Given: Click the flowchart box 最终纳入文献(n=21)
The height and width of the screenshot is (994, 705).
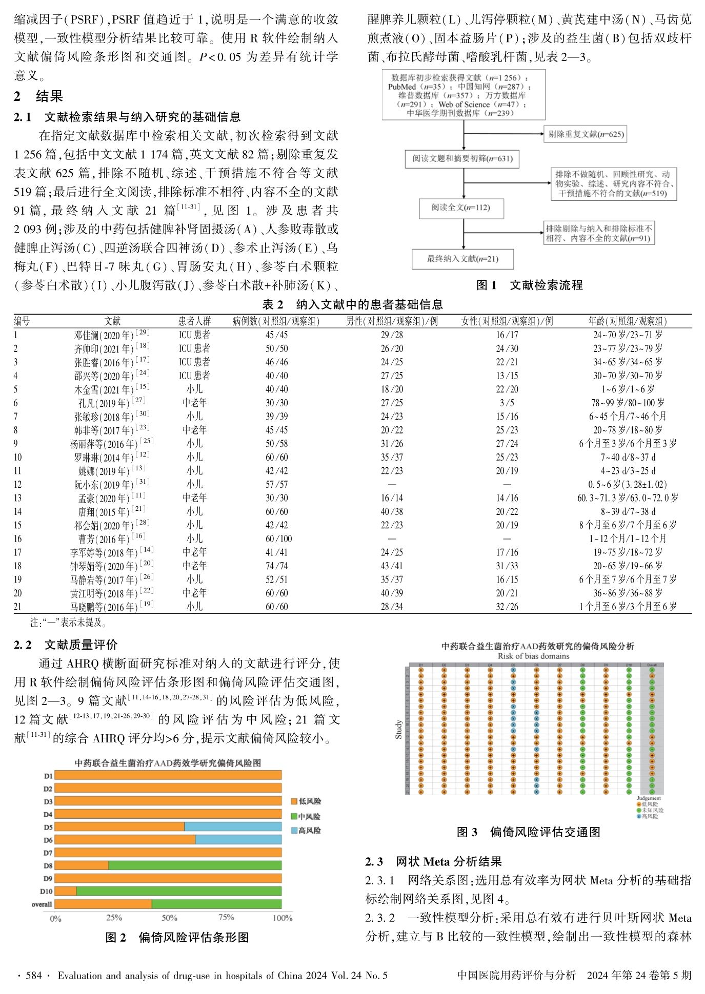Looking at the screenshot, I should (x=462, y=259).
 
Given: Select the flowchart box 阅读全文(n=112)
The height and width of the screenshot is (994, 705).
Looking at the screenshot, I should (x=461, y=208).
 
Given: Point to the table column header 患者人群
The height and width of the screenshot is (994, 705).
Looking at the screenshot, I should (x=194, y=321).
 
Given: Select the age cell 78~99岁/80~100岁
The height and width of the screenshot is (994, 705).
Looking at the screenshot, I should (x=628, y=403).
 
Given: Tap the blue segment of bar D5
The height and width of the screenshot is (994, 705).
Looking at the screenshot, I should (x=233, y=826).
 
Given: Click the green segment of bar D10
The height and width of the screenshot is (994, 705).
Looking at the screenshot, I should (x=178, y=891).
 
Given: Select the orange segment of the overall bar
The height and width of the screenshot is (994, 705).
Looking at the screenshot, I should (x=103, y=904).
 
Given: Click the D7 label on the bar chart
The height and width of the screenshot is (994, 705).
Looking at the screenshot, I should (x=48, y=853).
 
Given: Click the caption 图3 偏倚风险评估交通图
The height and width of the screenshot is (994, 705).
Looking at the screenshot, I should (x=528, y=832).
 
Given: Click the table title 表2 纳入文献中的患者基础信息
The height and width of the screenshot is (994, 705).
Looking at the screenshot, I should (x=352, y=305).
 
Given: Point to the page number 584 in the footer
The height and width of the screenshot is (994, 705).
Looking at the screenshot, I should (x=34, y=975).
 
